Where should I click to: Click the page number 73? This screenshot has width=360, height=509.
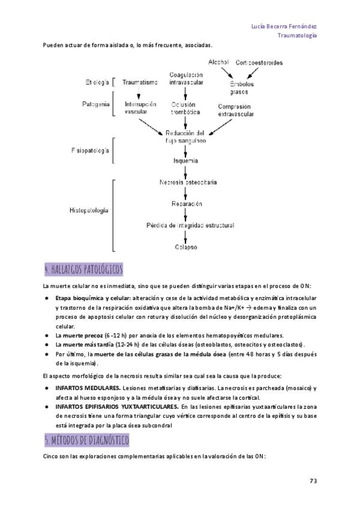pyautogui.click(x=313, y=481)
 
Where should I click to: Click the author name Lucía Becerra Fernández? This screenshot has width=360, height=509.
pyautogui.click(x=284, y=26)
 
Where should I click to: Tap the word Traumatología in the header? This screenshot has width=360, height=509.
pyautogui.click(x=297, y=35)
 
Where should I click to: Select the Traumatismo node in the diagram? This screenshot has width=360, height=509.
pyautogui.click(x=140, y=82)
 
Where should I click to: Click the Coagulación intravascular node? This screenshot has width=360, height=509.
pyautogui.click(x=186, y=79)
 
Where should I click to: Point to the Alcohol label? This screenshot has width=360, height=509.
pyautogui.click(x=218, y=62)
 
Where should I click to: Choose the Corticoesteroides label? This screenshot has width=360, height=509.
pyautogui.click(x=259, y=62)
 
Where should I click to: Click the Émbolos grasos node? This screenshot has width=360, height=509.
pyautogui.click(x=242, y=88)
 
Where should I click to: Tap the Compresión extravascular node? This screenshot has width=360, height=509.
pyautogui.click(x=236, y=110)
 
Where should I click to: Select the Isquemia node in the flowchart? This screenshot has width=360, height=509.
pyautogui.click(x=185, y=161)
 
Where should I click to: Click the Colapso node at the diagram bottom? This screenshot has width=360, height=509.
pyautogui.click(x=186, y=247)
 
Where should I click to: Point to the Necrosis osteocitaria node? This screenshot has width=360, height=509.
pyautogui.click(x=188, y=182)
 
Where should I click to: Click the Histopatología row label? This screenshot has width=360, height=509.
pyautogui.click(x=89, y=210)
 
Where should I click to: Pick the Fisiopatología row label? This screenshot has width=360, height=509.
pyautogui.click(x=90, y=151)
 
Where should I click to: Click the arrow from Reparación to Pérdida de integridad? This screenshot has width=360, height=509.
pyautogui.click(x=185, y=214)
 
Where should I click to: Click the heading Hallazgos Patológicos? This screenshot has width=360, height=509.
pyautogui.click(x=84, y=270)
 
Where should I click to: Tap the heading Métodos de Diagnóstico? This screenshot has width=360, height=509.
pyautogui.click(x=86, y=440)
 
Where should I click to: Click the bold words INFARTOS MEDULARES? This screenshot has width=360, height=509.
pyautogui.click(x=88, y=388)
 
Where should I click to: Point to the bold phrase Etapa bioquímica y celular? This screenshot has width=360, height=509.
pyautogui.click(x=93, y=298)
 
